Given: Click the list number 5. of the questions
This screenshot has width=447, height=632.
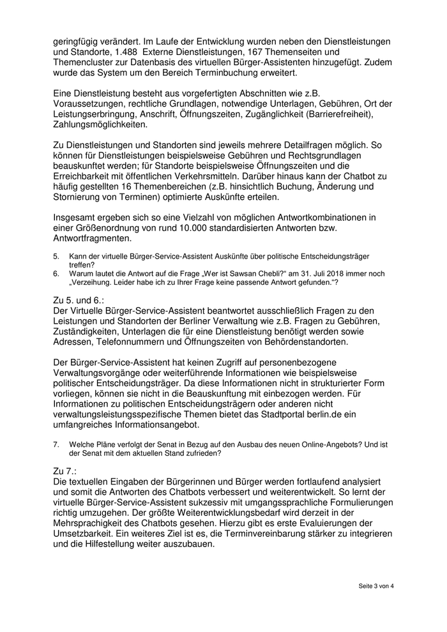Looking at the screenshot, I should pos(56,256).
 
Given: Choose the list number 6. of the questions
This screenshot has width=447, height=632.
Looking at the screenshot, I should pos(56,273).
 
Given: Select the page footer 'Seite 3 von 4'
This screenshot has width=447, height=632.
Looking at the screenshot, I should pos(376,586).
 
